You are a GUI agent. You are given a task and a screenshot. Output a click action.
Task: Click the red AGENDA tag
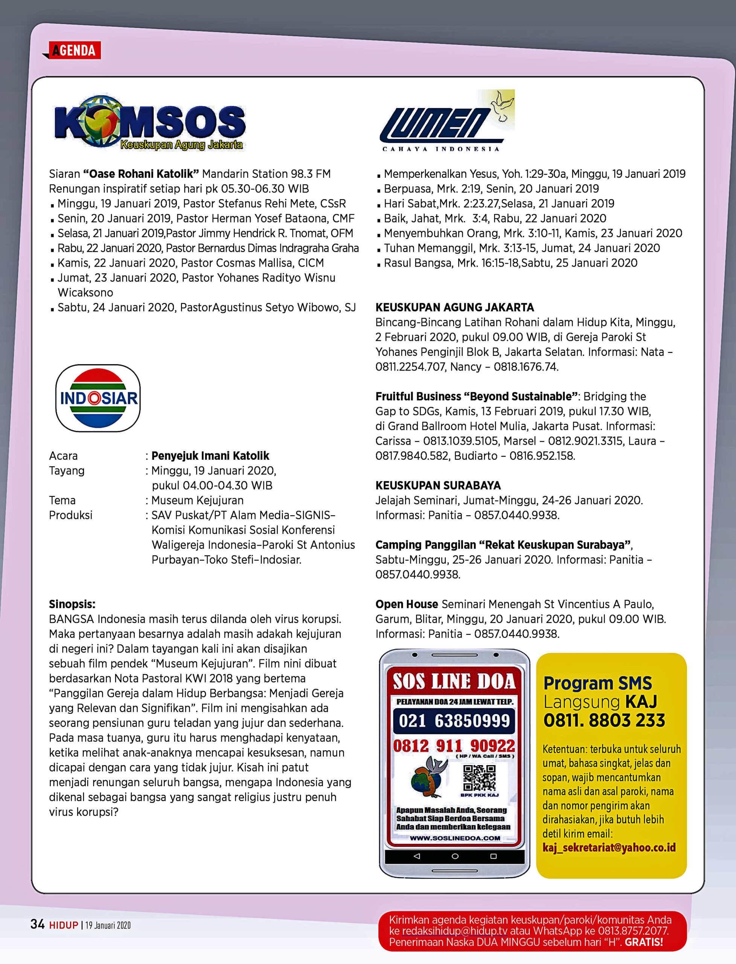pos(75,50)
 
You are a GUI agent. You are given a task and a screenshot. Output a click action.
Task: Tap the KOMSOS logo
pos(149,123)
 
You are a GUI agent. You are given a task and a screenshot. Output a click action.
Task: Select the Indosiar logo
pos(98,398)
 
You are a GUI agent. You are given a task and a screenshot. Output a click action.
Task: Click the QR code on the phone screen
pos(479,778)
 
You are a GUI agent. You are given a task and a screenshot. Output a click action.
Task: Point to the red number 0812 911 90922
pos(454,745)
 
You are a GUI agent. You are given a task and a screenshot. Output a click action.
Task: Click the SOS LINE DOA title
pos(454,681)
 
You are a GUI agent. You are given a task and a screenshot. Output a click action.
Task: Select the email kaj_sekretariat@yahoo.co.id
pos(609,847)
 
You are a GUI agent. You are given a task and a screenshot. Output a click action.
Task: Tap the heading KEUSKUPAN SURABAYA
pos(438,485)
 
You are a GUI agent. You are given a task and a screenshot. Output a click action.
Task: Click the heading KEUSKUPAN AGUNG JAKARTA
pos(454,308)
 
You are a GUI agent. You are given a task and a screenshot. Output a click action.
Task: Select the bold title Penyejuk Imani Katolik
pos(210,456)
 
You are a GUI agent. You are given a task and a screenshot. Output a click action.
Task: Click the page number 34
pos(37,924)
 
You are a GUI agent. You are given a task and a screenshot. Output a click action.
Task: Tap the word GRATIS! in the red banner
pos(643,942)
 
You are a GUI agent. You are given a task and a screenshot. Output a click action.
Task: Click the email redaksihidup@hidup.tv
pos(455,931)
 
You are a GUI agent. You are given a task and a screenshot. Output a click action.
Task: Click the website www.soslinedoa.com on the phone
pos(455,838)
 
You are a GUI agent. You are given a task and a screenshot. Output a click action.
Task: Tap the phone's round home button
pos(455,856)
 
